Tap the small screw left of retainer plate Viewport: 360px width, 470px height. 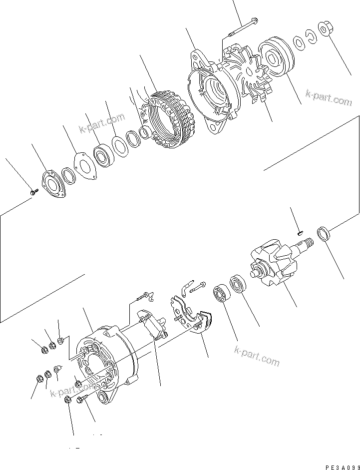[x=33, y=191]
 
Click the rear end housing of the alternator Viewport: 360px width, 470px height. [x=102, y=365]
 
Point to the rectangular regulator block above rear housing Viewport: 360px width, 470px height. [x=152, y=327]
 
